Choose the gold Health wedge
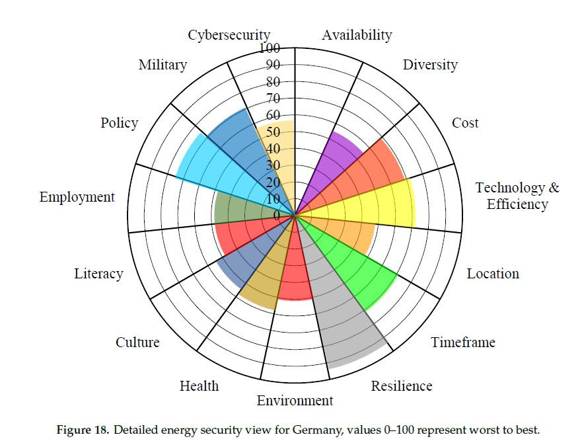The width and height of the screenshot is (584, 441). (x=264, y=278)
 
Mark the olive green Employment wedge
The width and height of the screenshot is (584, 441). (x=244, y=208)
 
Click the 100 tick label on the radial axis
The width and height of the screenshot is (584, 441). (x=270, y=48)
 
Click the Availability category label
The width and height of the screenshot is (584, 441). (x=357, y=35)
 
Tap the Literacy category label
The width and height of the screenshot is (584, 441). (x=98, y=274)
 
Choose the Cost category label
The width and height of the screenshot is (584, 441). (x=465, y=123)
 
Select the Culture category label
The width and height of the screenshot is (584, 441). (x=137, y=342)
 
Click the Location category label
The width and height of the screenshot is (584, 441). (x=493, y=274)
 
